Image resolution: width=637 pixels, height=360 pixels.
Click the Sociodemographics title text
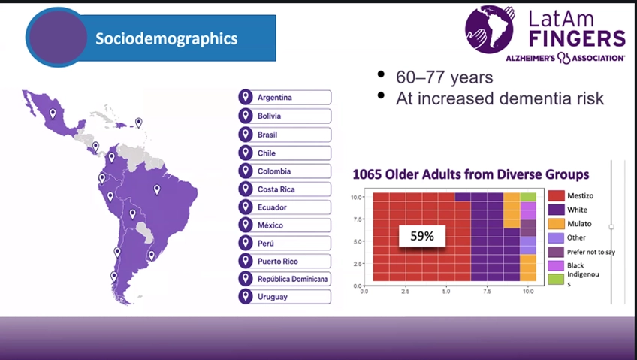[167, 38]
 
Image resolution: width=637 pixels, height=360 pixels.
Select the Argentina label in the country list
[275, 98]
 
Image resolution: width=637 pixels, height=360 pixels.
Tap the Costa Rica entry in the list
[276, 189]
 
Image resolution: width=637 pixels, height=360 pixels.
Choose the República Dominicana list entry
[292, 279]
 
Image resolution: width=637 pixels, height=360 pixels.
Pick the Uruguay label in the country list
[273, 297]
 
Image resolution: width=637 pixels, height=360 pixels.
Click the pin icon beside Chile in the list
[246, 153]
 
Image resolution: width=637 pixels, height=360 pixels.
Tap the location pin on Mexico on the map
[53, 113]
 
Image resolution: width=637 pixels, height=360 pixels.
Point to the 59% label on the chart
[422, 236]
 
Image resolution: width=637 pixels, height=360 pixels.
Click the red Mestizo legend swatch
[556, 196]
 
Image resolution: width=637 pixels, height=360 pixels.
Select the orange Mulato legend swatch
[556, 224]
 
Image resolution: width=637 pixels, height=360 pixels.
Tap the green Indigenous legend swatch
[556, 279]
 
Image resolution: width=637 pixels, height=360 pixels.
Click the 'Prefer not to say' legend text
[591, 252]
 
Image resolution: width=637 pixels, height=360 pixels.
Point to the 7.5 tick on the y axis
[356, 219]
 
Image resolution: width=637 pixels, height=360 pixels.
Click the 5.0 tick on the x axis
[446, 292]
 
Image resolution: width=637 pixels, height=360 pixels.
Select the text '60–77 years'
[445, 77]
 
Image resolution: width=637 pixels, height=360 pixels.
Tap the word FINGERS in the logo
[577, 39]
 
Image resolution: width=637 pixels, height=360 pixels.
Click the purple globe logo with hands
[490, 29]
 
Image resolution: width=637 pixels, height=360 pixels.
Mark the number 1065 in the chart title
[367, 174]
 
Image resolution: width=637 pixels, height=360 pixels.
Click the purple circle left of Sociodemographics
[58, 37]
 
